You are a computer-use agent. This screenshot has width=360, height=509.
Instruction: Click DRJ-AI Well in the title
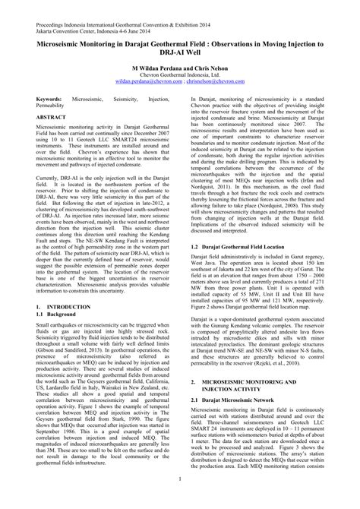(x=179, y=46)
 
